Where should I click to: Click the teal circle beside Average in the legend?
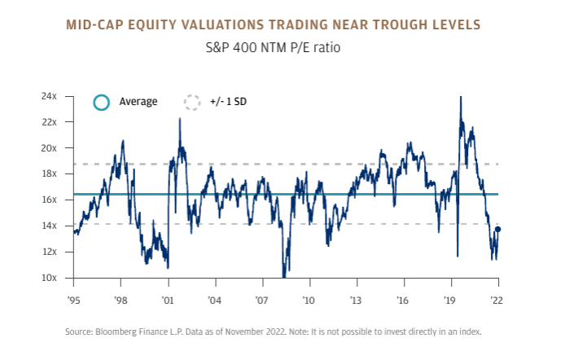point(101,103)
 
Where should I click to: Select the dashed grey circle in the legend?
point(191,103)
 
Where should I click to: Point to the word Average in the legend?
point(138,103)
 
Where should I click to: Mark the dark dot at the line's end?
point(497,230)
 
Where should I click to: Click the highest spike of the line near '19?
point(461,97)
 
